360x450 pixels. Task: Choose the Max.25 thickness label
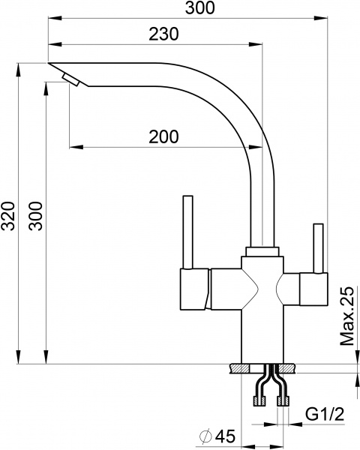[346, 316]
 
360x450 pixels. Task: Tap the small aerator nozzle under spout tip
[70, 80]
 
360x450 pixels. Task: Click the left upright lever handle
[187, 232]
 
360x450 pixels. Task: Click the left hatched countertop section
[241, 368]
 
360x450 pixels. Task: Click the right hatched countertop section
[286, 368]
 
